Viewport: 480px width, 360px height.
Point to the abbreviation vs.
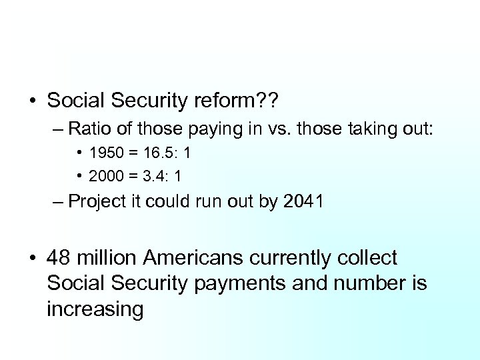pos(277,128)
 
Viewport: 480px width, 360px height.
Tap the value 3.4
pos(155,176)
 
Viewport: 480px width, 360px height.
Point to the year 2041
pos(303,201)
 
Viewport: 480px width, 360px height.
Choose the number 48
pos(59,258)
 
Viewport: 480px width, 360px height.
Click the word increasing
pos(95,309)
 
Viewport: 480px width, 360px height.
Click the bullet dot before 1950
pos(79,153)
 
